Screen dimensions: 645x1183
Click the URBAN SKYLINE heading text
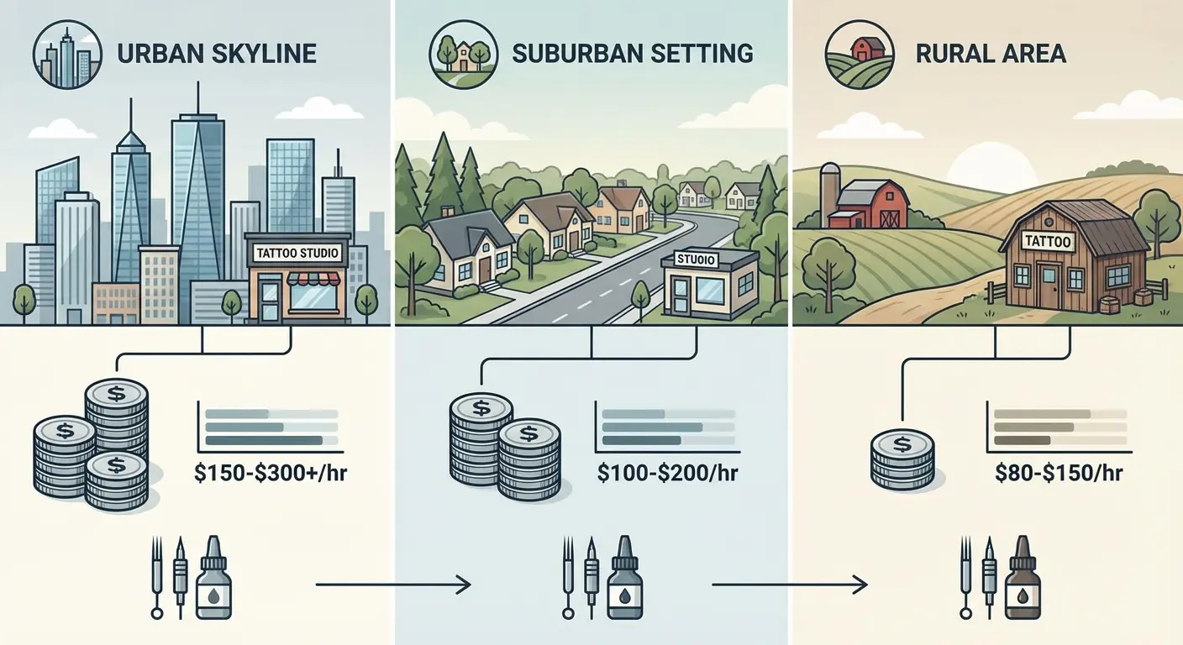(x=217, y=54)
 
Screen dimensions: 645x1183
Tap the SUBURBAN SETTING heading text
(x=632, y=53)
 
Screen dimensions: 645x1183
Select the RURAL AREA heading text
(x=991, y=54)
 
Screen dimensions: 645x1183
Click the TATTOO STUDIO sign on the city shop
(x=297, y=251)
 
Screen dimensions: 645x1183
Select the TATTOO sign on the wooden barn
(x=1049, y=241)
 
